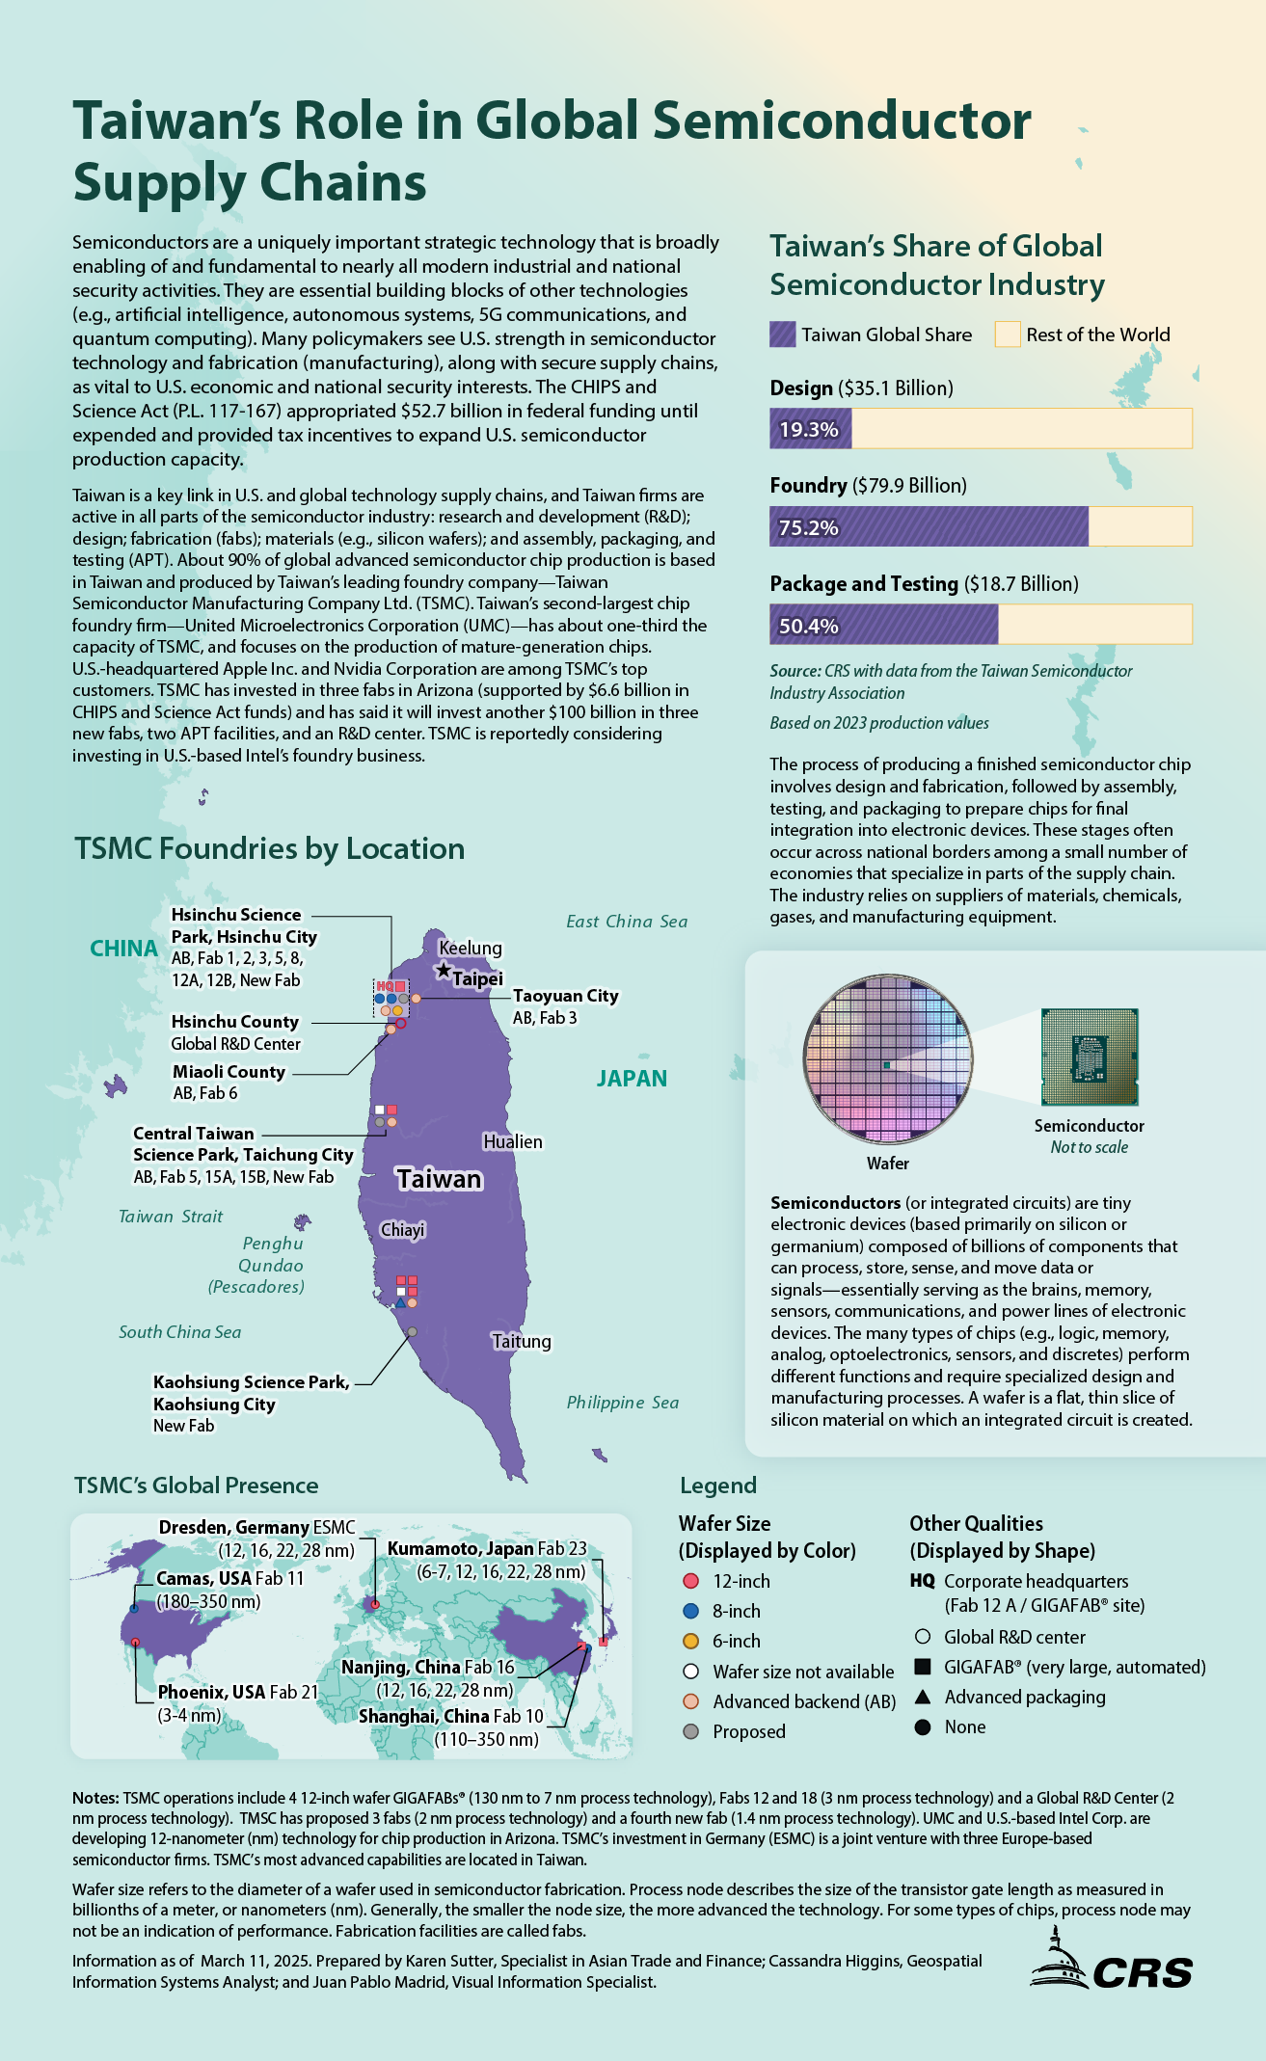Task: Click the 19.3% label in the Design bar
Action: pos(808,430)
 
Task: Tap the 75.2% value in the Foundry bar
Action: pos(808,528)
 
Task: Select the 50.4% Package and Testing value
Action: pos(808,627)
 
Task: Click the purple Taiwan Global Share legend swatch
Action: pos(783,335)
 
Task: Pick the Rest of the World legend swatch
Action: pos(1008,335)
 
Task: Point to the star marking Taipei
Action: pos(443,971)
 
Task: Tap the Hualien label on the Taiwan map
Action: pos(513,1141)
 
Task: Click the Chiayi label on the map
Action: pos(402,1230)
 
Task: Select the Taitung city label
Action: pos(522,1341)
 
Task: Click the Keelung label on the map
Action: pos(471,948)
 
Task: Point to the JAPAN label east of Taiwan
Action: pos(632,1079)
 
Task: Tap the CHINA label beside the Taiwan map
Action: pos(123,949)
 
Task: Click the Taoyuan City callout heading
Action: pos(565,996)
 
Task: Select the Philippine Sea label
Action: pos(623,1403)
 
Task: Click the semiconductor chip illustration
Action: pos(1090,1057)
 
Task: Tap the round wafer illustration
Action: pos(888,1057)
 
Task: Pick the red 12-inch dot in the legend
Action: pos(689,1581)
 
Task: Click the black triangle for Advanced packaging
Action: pos(923,1697)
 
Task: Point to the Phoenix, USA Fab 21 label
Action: pos(238,1692)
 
